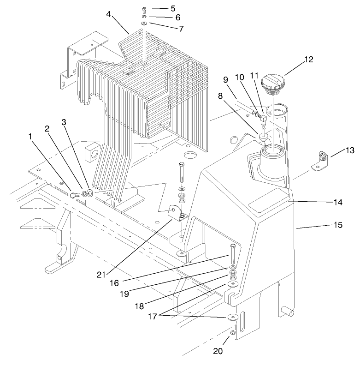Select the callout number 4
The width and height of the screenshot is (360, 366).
click(109, 14)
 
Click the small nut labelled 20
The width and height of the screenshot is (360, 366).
click(233, 332)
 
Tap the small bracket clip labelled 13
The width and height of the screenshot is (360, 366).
click(320, 161)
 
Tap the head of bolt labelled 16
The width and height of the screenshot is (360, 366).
click(233, 245)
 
